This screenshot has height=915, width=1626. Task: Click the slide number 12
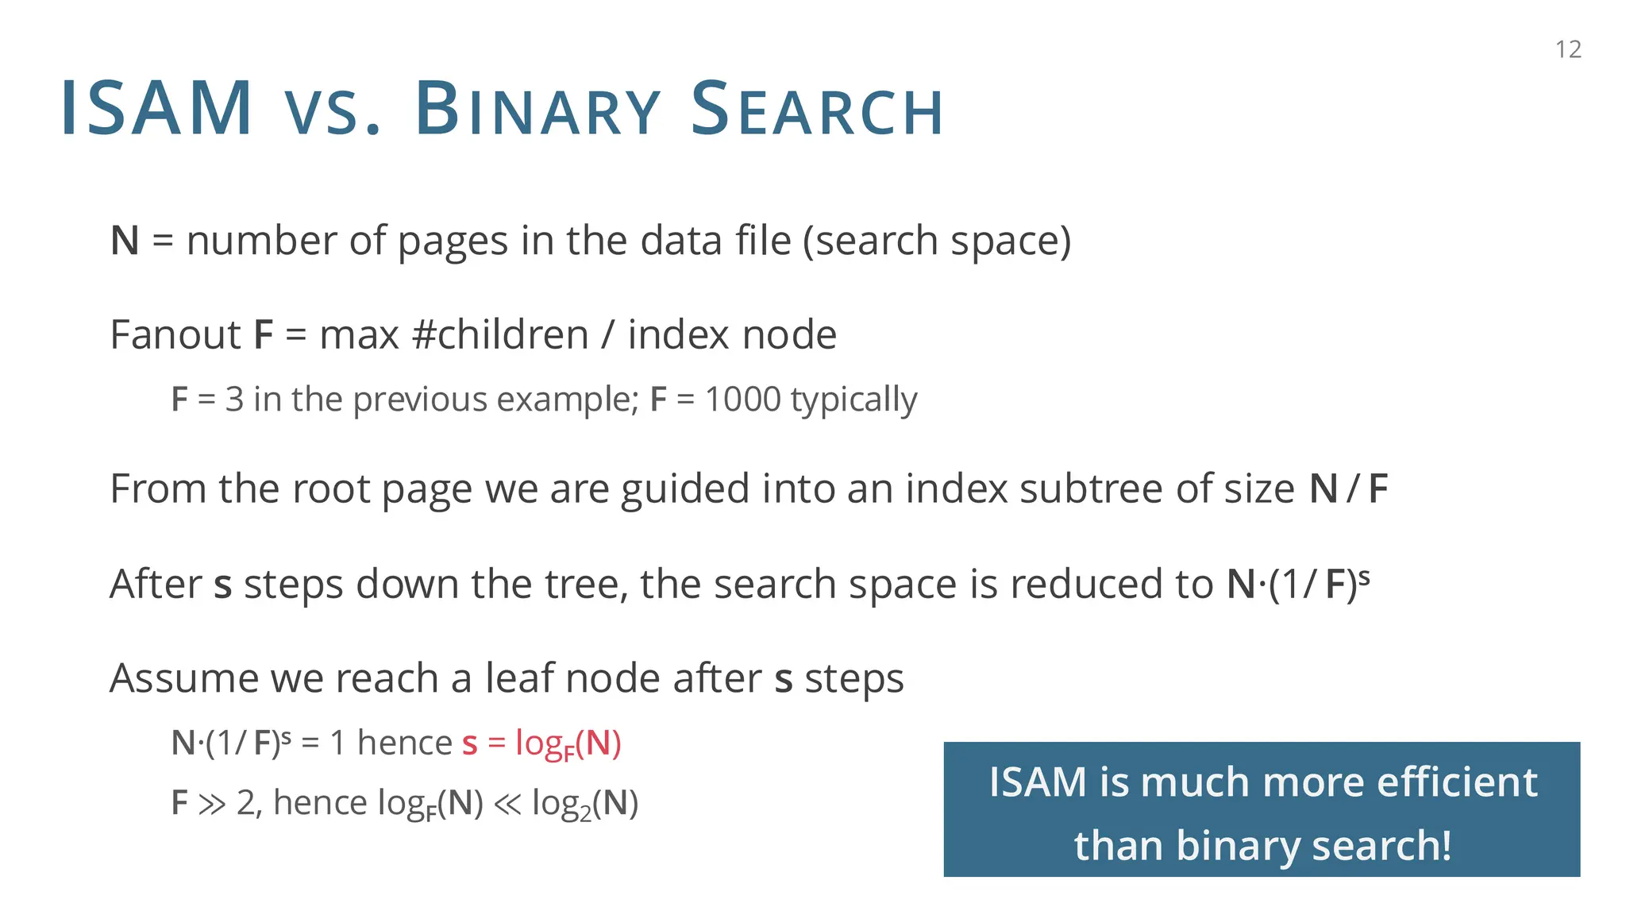click(1568, 49)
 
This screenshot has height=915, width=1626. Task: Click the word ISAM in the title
click(156, 109)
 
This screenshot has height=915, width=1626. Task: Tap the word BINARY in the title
click(538, 109)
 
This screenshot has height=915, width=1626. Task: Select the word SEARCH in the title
click(817, 109)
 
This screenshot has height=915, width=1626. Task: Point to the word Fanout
click(175, 334)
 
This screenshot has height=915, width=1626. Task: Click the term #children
click(500, 334)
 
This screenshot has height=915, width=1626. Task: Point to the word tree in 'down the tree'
click(584, 585)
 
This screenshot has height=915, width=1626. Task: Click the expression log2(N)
click(585, 804)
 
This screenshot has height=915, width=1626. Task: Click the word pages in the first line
click(453, 241)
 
